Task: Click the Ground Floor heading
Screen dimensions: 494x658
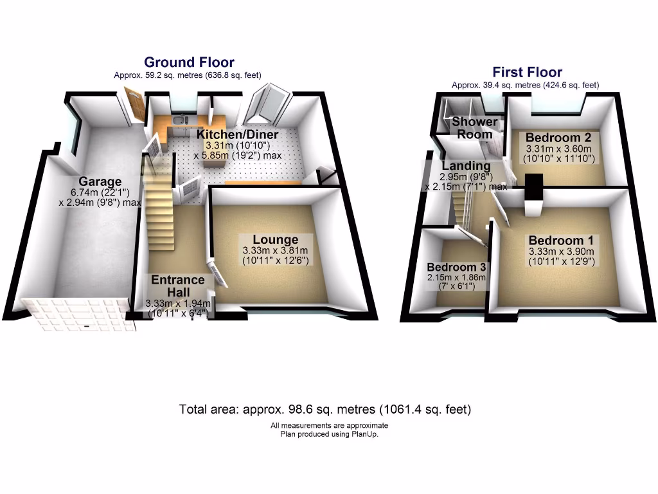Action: tap(189, 62)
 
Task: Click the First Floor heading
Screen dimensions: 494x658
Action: tap(527, 73)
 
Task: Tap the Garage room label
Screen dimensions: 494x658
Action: tap(100, 181)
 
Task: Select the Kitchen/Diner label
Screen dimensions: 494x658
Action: tap(237, 134)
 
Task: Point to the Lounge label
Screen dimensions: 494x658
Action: tap(275, 240)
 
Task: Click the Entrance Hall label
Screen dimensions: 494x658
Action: tap(178, 286)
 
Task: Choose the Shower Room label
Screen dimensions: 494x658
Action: tap(475, 128)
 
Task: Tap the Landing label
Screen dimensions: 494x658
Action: tap(466, 166)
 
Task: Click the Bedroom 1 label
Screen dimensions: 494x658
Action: tap(560, 241)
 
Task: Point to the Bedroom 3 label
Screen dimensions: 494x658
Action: tap(456, 267)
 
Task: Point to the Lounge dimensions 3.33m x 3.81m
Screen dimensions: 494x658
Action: tap(275, 251)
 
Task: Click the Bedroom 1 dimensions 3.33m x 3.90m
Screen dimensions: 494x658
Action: tap(560, 252)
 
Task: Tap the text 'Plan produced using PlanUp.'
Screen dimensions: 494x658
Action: tap(329, 434)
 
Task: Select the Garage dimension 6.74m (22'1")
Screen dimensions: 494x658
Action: tap(100, 192)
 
